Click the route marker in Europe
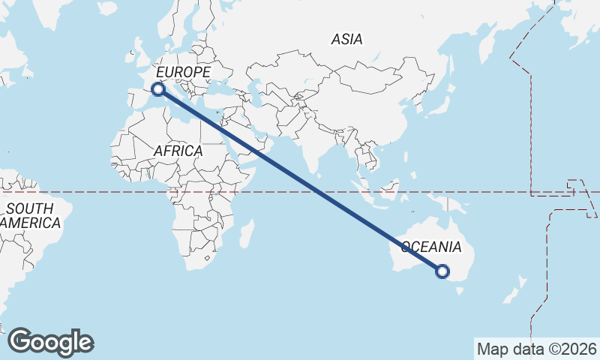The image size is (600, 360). tap(157, 89)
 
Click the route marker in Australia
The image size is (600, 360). tap(442, 271)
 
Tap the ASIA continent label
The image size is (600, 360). tap(346, 39)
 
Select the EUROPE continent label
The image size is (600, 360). tap(183, 71)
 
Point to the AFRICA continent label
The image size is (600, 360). tap(178, 151)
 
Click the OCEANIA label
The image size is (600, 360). tap(431, 247)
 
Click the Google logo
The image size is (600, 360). tap(50, 342)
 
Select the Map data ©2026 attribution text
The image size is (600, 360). tap(537, 349)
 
